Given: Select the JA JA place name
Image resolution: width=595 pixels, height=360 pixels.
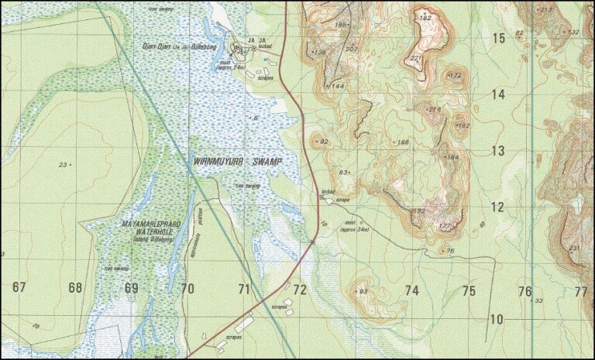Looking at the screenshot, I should (256, 40).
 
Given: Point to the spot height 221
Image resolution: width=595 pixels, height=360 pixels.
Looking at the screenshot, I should (416, 58).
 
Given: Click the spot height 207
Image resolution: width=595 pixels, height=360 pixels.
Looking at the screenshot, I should (353, 49).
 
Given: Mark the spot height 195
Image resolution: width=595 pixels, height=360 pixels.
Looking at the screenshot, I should (341, 25).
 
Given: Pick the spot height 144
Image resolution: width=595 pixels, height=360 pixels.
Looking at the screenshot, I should (338, 86).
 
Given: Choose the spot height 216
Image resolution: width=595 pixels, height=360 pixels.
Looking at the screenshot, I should (435, 109).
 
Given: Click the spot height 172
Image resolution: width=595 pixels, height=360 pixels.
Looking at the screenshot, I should (456, 75).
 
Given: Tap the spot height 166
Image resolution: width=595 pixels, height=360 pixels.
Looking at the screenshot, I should (403, 142).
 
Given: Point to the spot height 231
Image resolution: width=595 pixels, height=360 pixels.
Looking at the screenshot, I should (574, 248).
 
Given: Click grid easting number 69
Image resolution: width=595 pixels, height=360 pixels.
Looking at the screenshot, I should (131, 288).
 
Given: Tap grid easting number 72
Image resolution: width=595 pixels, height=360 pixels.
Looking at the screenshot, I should (300, 290).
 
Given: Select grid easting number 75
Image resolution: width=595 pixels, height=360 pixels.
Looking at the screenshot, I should (469, 291).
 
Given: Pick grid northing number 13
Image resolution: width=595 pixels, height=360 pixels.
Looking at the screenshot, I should (497, 151).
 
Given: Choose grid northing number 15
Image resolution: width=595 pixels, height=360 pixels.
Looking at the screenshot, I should (497, 38).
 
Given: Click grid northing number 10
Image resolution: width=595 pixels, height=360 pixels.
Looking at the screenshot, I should (496, 319).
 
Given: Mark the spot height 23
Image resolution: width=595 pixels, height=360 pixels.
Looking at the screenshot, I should (64, 164).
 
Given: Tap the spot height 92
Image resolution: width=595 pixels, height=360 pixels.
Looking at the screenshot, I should (323, 142).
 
